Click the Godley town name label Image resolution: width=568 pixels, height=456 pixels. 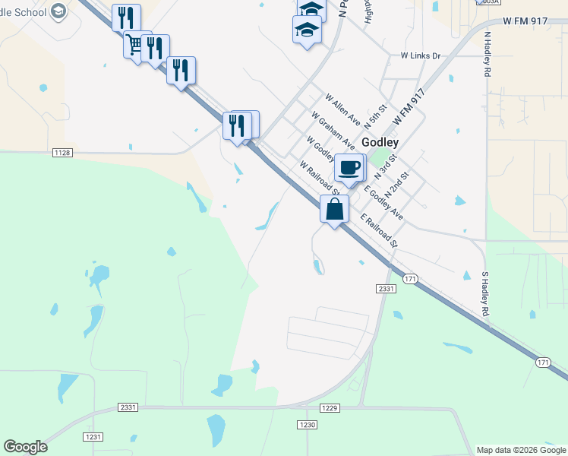point(380,142)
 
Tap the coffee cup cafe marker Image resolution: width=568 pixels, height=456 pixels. point(349,167)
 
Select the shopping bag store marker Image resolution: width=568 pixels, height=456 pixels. point(334,208)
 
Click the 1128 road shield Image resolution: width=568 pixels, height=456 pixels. point(62,153)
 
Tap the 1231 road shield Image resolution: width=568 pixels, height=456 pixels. point(93,437)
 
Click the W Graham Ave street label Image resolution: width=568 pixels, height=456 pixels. point(333,129)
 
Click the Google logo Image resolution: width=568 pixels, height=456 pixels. point(25,447)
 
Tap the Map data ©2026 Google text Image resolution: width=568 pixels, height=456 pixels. point(522,450)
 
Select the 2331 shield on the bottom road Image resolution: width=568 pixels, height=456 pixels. point(128,407)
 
